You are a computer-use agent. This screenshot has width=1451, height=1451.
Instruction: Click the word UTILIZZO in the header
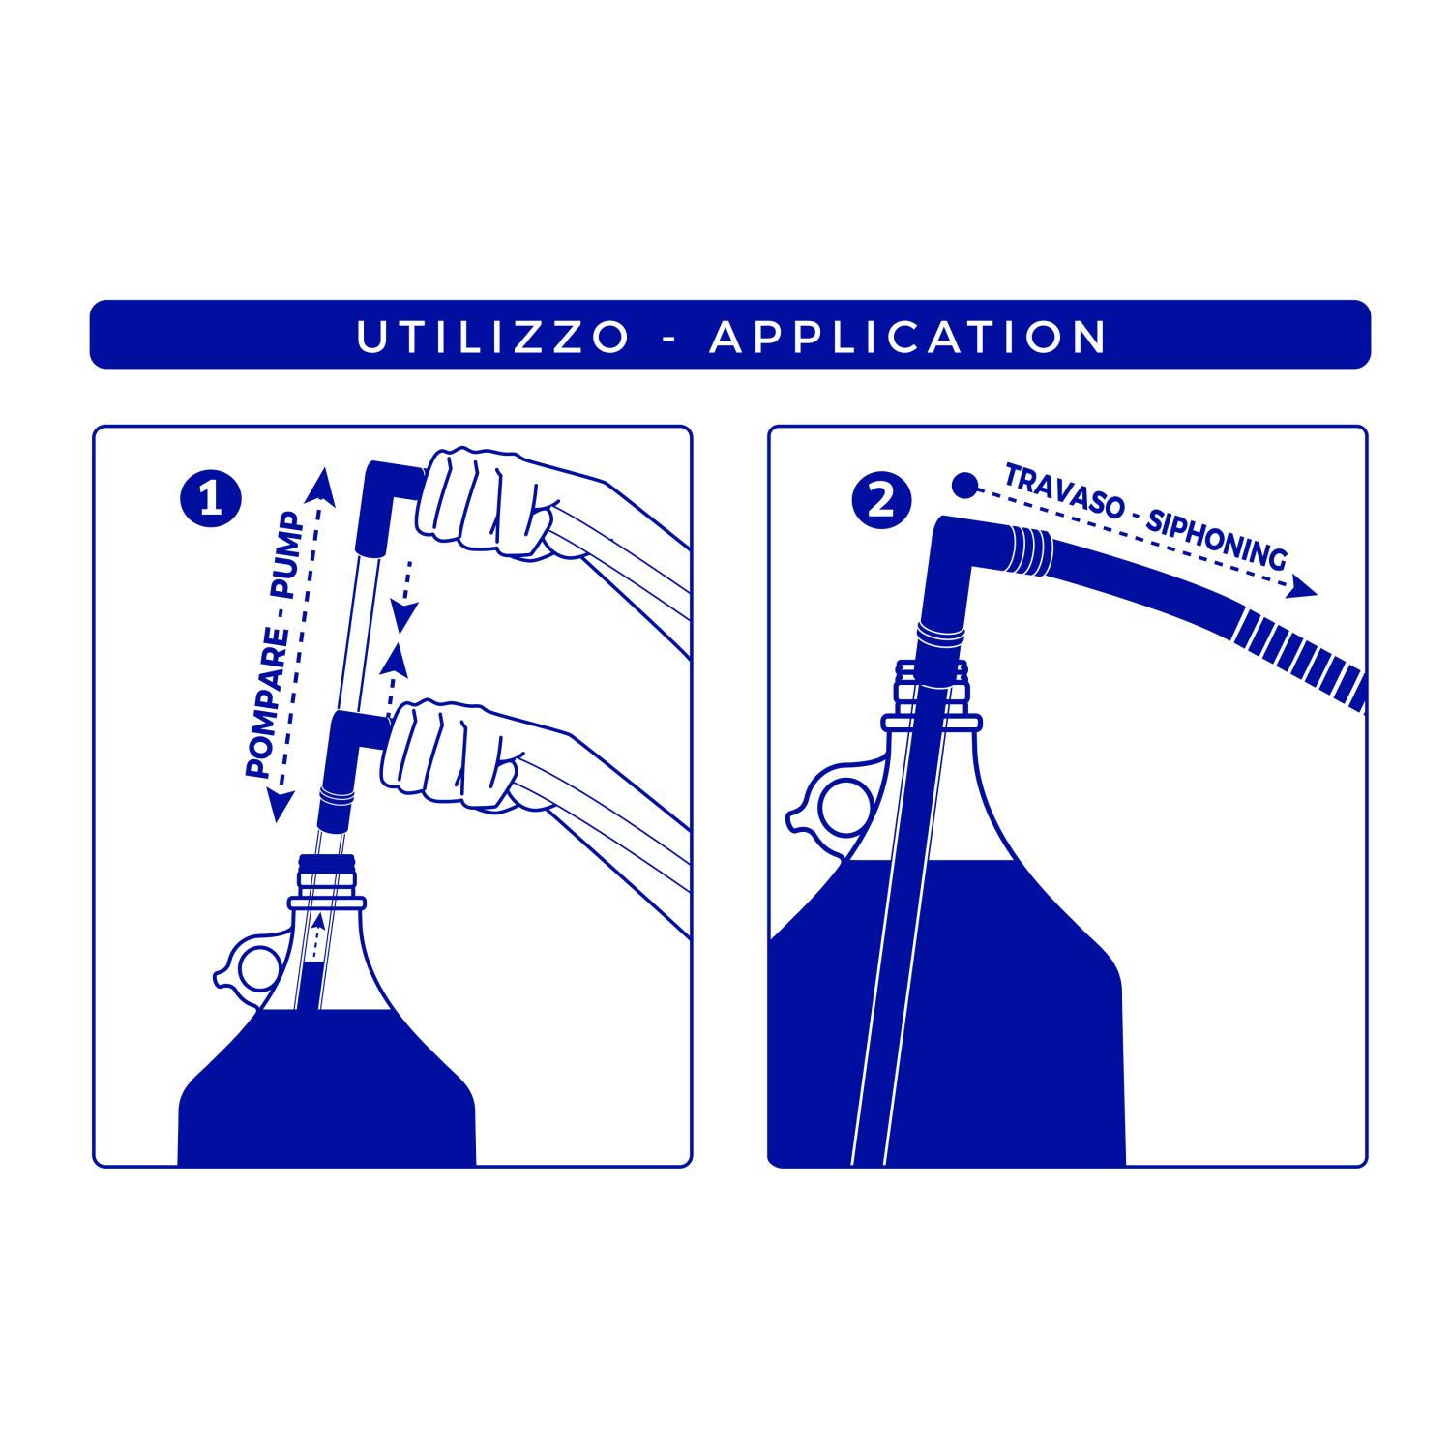tap(494, 337)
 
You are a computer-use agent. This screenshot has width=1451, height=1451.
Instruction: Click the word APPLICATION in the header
tap(909, 337)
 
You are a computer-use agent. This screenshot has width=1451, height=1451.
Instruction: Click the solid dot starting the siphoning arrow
tap(963, 485)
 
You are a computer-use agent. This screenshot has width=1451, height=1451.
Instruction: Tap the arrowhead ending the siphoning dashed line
tap(1306, 588)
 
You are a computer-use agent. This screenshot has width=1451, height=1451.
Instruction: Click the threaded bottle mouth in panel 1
tap(328, 875)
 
